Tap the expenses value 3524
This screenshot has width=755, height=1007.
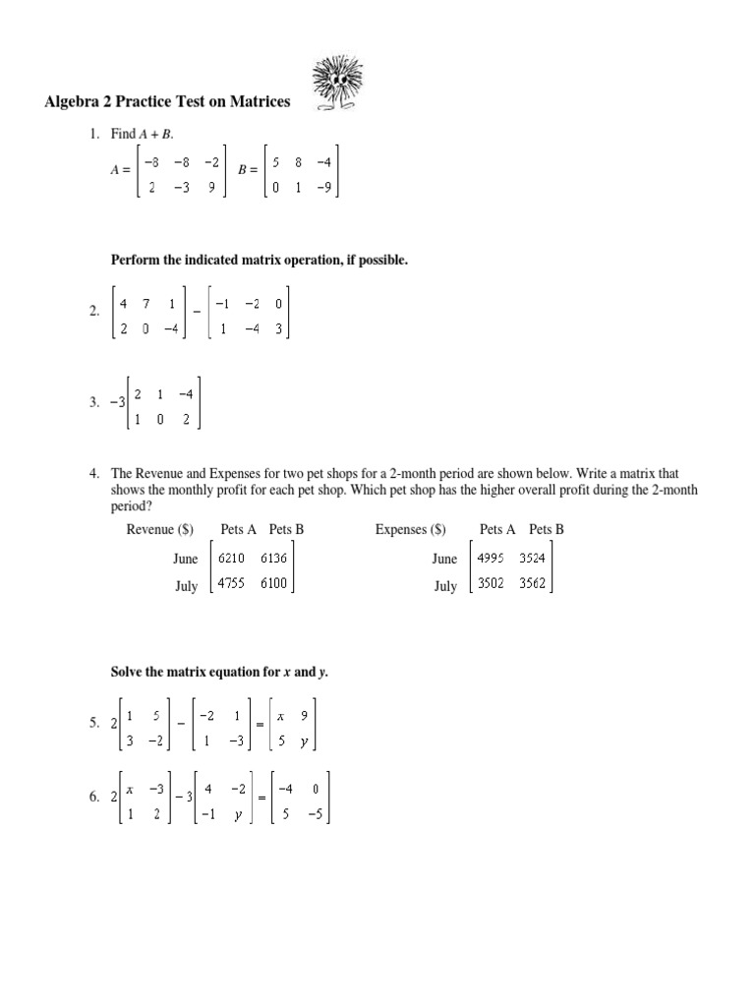tap(532, 558)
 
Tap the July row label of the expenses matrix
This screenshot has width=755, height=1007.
tap(444, 586)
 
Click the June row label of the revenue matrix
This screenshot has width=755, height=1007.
tap(186, 559)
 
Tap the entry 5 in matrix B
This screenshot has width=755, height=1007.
tap(277, 164)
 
